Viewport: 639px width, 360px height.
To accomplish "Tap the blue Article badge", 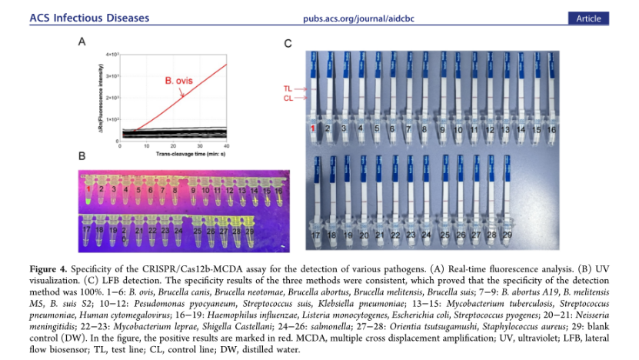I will (x=588, y=18).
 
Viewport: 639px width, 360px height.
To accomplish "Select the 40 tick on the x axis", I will (x=227, y=146).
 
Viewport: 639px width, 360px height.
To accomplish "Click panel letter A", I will (x=82, y=44).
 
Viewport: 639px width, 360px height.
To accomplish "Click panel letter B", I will (x=82, y=157).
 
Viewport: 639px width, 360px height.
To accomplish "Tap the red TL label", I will (x=288, y=89).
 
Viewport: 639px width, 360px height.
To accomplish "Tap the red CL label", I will (x=288, y=98).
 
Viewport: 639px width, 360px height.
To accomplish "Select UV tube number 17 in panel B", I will (x=88, y=232).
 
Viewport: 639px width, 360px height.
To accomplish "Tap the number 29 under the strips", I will (x=507, y=234).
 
